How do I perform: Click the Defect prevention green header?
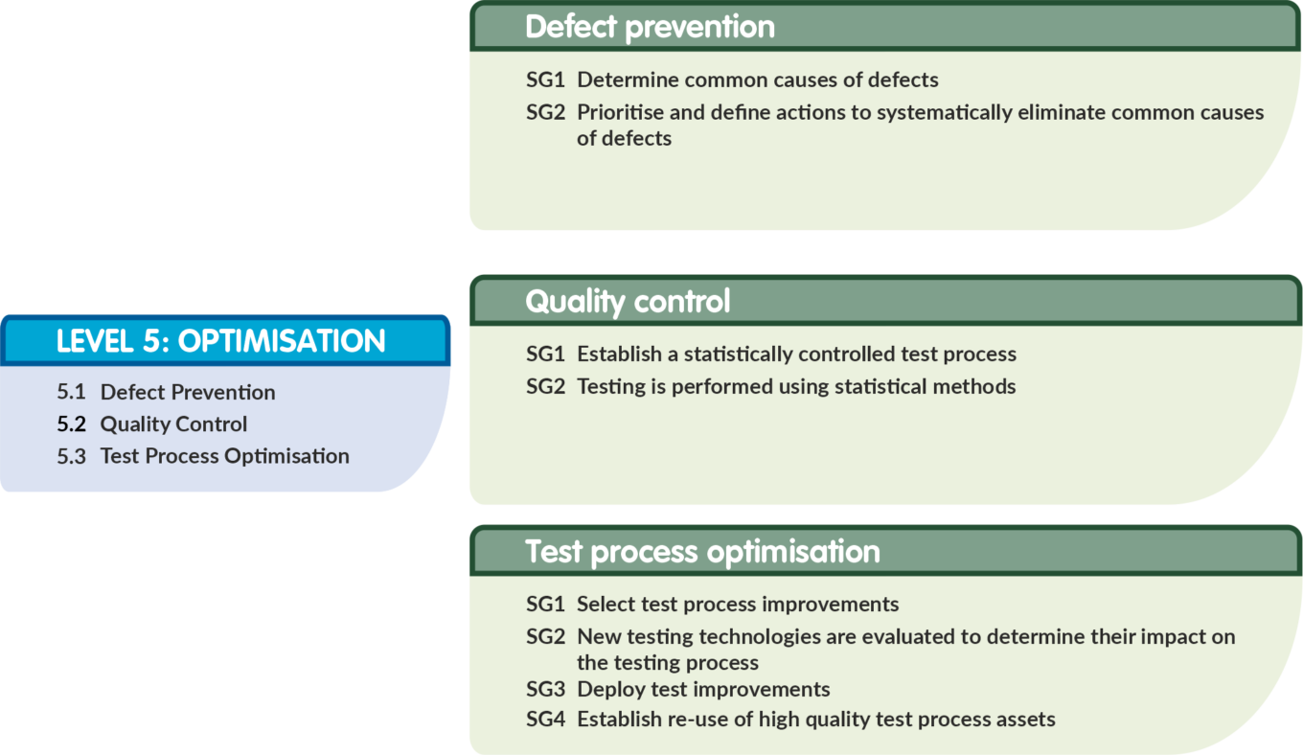click(885, 26)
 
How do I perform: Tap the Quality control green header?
click(885, 301)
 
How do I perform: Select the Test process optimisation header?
click(885, 551)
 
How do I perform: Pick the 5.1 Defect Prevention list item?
click(166, 392)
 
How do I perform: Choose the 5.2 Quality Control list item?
click(151, 424)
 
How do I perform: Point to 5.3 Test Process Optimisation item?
click(203, 456)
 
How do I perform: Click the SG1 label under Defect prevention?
click(545, 80)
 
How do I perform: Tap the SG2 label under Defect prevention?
click(545, 112)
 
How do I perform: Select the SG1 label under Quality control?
click(545, 355)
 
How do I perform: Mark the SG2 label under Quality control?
click(545, 387)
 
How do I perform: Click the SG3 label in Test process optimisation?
click(545, 689)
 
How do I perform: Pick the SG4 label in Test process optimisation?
click(545, 720)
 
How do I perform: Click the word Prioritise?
click(620, 112)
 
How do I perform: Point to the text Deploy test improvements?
click(703, 690)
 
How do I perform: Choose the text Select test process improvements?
click(738, 605)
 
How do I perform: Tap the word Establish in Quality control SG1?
click(620, 354)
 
